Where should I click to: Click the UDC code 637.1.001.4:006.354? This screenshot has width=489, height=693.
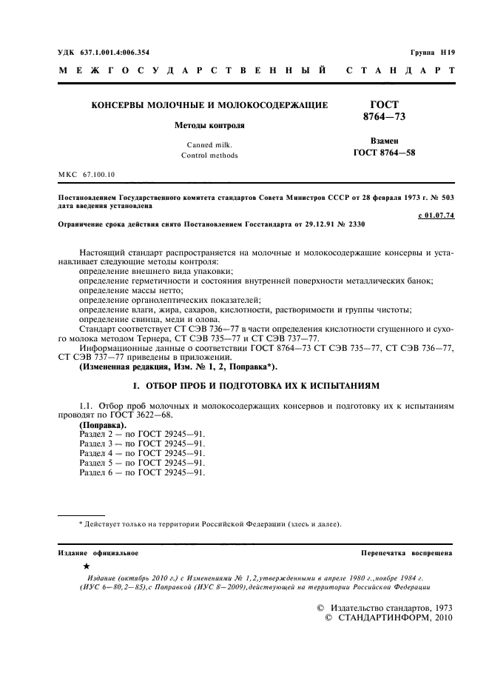111,53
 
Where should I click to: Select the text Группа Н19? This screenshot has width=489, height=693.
432,53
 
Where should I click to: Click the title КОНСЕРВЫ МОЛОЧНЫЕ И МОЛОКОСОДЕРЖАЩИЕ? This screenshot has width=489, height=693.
209,106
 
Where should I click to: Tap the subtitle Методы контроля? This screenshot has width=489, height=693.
209,125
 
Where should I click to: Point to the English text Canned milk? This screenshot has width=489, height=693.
209,144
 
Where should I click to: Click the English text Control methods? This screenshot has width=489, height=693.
209,155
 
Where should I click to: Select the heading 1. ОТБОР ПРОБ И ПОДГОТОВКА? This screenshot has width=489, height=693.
255,386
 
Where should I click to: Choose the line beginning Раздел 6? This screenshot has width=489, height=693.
141,472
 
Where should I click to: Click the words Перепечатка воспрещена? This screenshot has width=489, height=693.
406,553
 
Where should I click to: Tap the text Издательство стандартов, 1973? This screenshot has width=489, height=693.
391,608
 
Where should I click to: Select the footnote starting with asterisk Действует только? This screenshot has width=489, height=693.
210,524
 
